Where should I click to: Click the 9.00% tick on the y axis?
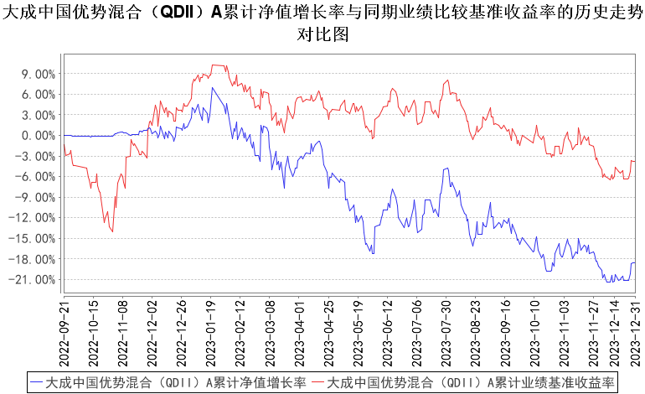click(x=38, y=74)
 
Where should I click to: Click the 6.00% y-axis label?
click(x=38, y=94)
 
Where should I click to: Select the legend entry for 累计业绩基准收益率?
click(x=469, y=382)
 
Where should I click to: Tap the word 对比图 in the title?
click(x=322, y=36)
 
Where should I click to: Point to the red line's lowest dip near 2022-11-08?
click(x=112, y=231)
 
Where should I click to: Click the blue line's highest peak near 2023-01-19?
click(x=213, y=87)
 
